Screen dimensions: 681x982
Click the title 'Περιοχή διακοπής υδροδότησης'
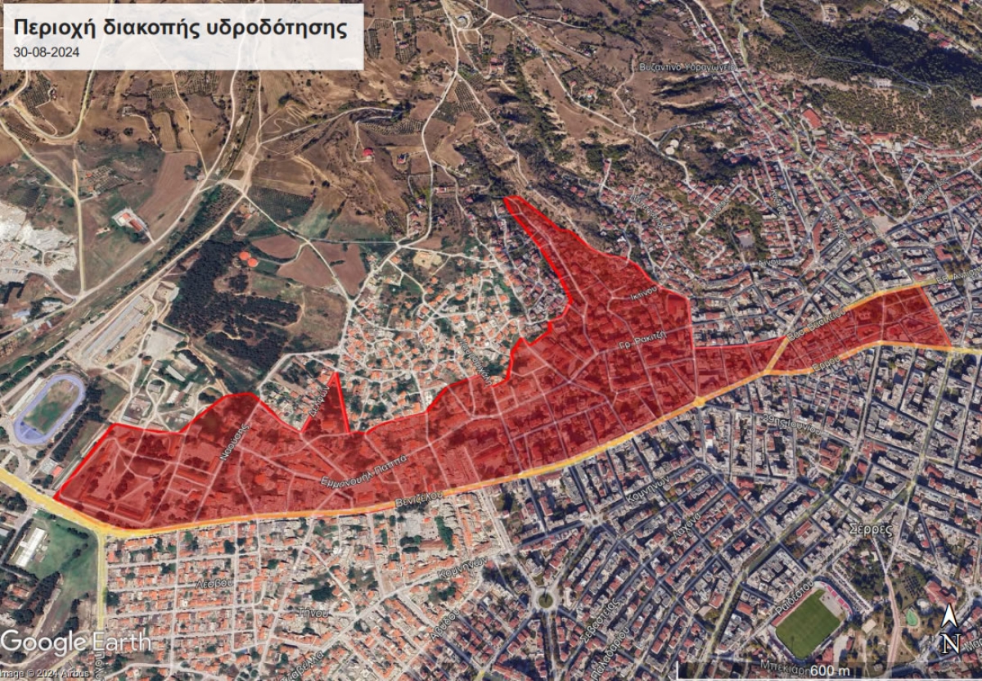click(181, 27)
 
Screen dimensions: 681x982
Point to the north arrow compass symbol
click(948, 632)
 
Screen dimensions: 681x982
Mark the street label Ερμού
click(827, 363)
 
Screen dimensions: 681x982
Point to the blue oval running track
click(50, 408)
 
